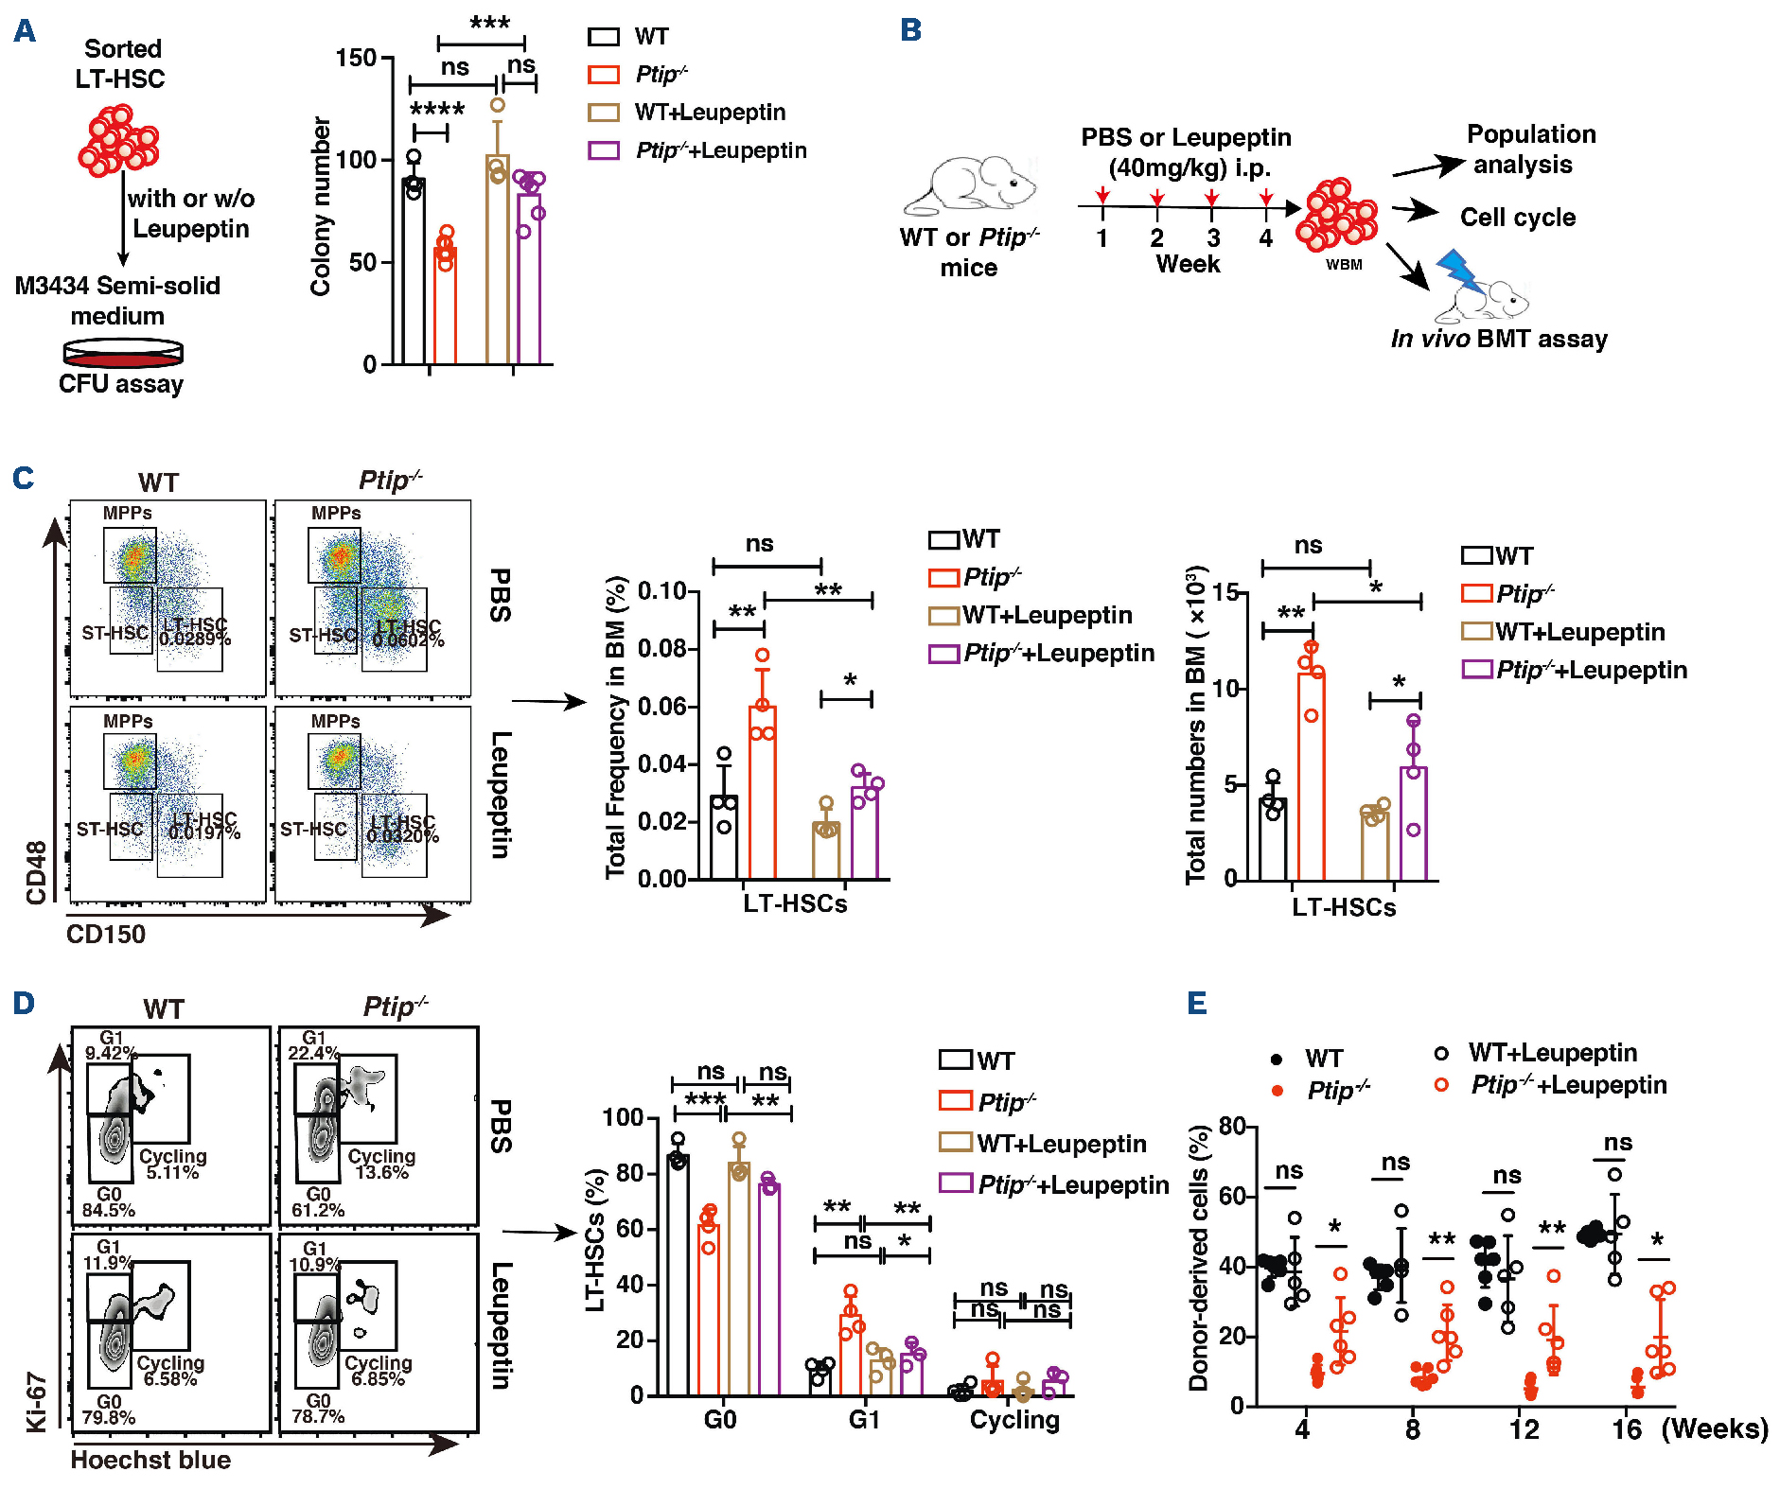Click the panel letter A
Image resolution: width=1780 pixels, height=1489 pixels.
(x=25, y=31)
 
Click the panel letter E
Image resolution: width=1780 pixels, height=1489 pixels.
(x=1197, y=1003)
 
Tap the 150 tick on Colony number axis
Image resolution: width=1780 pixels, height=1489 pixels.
(x=357, y=58)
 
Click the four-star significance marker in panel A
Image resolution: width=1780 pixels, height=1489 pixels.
(x=436, y=110)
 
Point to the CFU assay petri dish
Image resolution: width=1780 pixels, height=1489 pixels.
(x=123, y=354)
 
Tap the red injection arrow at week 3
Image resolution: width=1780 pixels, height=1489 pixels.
(x=1212, y=197)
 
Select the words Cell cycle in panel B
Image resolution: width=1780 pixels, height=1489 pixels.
(x=1518, y=218)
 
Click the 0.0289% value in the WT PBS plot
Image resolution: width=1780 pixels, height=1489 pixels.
(x=195, y=639)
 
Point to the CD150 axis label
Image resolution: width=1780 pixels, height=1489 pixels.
(x=106, y=935)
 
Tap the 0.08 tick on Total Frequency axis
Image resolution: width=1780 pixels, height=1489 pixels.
(x=661, y=649)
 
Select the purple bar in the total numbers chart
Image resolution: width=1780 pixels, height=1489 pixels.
(x=1413, y=823)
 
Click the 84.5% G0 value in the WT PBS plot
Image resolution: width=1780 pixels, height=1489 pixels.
(x=109, y=1210)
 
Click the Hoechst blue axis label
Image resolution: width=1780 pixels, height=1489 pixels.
(x=150, y=1460)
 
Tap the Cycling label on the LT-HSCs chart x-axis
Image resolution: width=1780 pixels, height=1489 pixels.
(x=1014, y=1420)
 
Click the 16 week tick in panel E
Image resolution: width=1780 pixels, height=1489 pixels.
(x=1627, y=1428)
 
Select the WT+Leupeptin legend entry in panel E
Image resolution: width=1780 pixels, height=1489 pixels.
(x=1552, y=1053)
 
